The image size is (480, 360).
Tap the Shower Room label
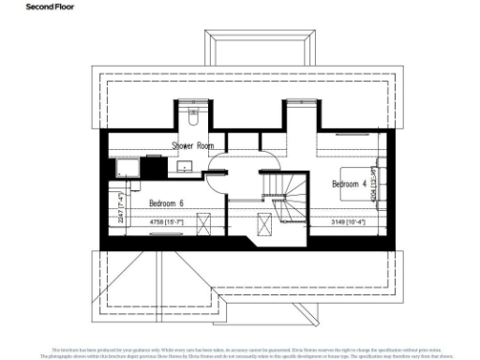(193, 145)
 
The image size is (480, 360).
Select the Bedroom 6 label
(167, 202)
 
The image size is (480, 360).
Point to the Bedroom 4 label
(350, 185)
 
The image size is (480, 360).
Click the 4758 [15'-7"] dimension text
(172, 222)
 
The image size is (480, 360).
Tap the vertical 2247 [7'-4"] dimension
(121, 204)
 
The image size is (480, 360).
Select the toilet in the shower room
(192, 119)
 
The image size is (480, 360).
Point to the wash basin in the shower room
(186, 166)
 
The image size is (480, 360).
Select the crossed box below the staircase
(266, 223)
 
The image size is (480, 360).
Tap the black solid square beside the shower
(152, 166)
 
